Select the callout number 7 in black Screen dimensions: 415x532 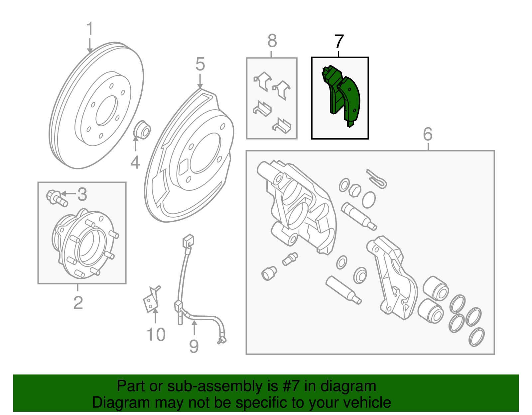[339, 41]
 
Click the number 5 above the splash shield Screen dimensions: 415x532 [200, 64]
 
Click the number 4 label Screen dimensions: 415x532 [135, 162]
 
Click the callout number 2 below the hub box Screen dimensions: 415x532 [78, 303]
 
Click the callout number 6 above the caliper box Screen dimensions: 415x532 [428, 134]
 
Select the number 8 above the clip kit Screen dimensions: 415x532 [272, 41]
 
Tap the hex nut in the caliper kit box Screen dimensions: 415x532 [354, 190]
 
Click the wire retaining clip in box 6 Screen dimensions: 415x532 [377, 178]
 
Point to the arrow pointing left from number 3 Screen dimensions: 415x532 [68, 194]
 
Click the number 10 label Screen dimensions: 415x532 [156, 335]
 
